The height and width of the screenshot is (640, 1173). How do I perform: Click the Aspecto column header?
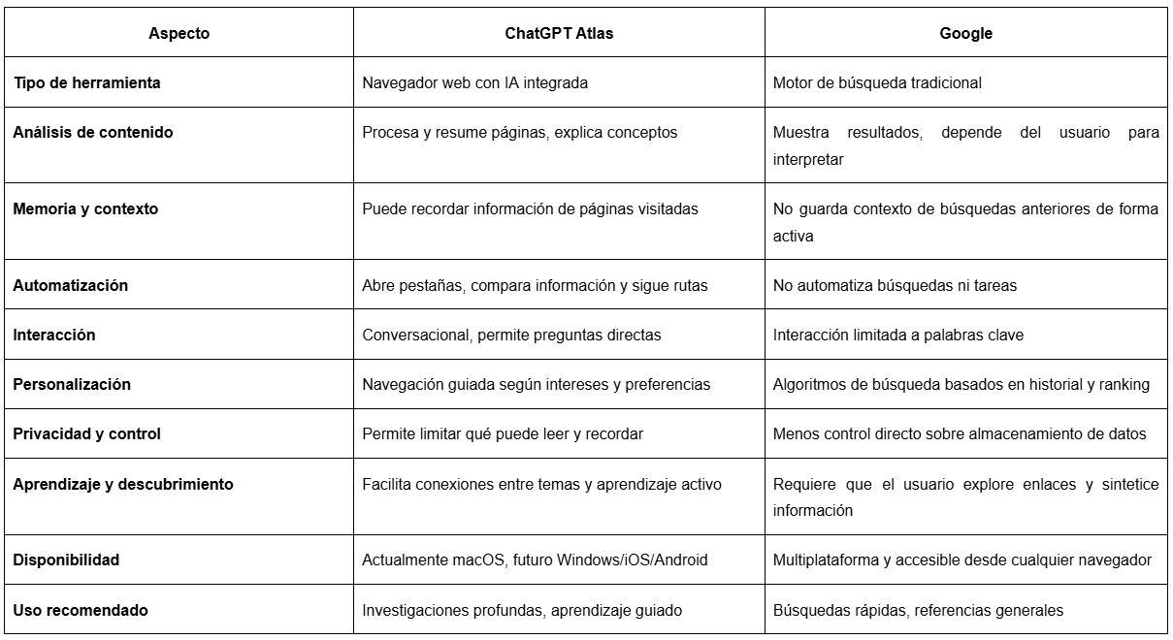pos(179,33)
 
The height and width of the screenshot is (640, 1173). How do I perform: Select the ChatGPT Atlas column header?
pos(559,33)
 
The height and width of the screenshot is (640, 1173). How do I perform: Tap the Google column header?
pos(965,33)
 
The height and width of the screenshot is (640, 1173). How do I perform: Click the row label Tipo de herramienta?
pos(86,82)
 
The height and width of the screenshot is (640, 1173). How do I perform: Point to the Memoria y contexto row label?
pos(85,208)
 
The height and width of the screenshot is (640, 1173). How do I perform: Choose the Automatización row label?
pos(70,285)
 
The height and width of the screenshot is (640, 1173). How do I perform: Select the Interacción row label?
pos(54,335)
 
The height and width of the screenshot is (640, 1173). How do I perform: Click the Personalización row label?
pos(71,384)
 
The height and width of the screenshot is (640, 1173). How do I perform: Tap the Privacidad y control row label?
pos(86,433)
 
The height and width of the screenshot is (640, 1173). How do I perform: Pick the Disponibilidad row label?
pos(66,560)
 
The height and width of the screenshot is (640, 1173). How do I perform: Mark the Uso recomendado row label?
pos(81,610)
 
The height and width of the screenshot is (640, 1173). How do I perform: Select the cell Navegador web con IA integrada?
pos(474,82)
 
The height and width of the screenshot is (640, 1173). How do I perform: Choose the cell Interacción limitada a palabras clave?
pos(898,335)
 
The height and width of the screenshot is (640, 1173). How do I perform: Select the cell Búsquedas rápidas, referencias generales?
pos(918,610)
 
